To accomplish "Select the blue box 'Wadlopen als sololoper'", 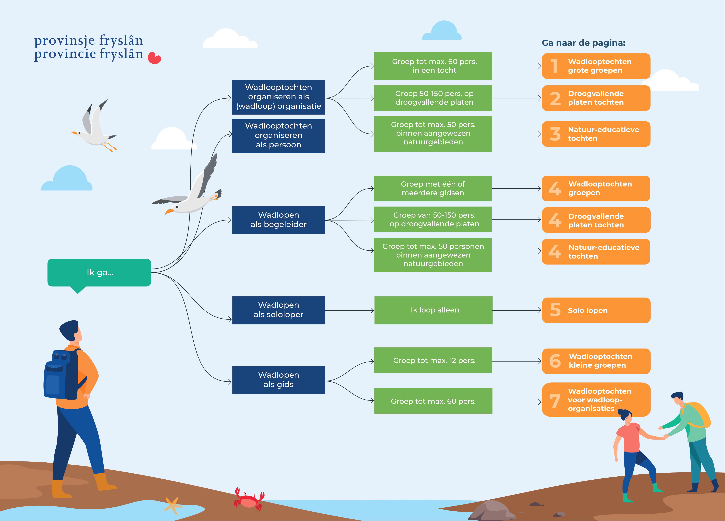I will [278, 310].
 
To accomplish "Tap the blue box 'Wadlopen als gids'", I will [278, 380].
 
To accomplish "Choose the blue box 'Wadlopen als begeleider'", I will [278, 220].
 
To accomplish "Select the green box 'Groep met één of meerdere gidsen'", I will [433, 188].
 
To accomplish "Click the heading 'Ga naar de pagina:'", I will [583, 43].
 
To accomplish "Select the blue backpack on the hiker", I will [61, 376].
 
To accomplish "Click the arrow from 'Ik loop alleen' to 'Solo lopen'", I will [517, 310].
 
